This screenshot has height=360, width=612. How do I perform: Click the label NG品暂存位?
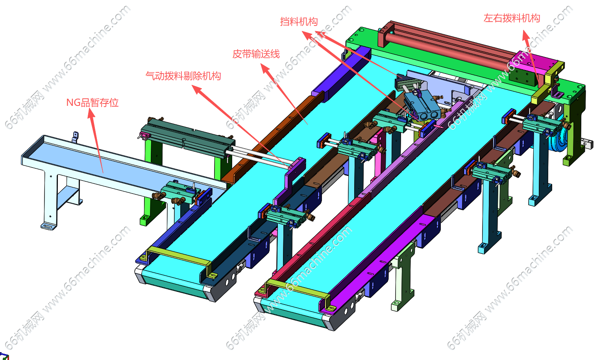click(x=92, y=103)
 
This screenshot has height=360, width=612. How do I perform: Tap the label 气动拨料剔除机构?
click(x=183, y=76)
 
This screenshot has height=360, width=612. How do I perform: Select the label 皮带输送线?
click(x=256, y=54)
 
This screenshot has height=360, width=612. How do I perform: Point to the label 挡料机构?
click(x=299, y=22)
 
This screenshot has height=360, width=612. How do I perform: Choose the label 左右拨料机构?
click(x=512, y=18)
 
